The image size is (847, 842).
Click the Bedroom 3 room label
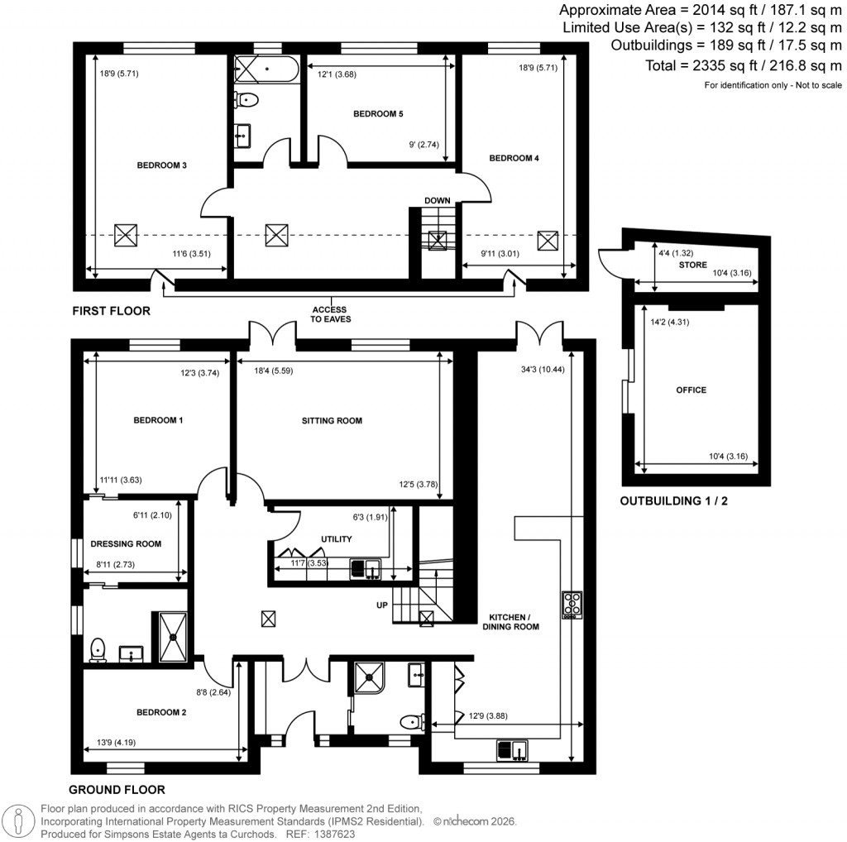[x=161, y=165]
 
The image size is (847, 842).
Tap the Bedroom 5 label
[x=377, y=113]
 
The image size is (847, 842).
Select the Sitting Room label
[x=331, y=421]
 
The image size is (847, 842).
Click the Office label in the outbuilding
[x=691, y=390]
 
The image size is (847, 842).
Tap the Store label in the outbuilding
[x=693, y=266]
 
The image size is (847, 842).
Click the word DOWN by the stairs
[x=437, y=201]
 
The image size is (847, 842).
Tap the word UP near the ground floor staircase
[x=382, y=605]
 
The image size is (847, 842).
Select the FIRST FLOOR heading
[x=111, y=312]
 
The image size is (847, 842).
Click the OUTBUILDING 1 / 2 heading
[x=673, y=501]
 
